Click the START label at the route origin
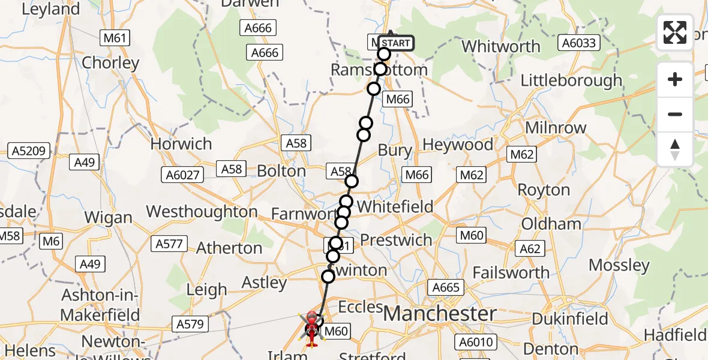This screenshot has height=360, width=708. [x=395, y=43]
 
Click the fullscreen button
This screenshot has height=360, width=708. [x=675, y=32]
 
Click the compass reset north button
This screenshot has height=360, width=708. [x=675, y=149]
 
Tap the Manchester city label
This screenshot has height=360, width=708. [x=440, y=313]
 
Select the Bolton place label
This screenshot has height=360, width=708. [x=281, y=171]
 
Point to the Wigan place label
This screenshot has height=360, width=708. [x=109, y=218]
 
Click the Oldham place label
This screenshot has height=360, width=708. [x=551, y=224]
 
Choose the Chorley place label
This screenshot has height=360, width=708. [x=110, y=62]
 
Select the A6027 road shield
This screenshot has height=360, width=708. [x=182, y=175]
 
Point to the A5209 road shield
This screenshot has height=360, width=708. [x=28, y=151]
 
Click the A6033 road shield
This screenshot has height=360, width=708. [x=578, y=42]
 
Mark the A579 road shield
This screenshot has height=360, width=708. [x=190, y=325]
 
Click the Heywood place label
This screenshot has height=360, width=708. [x=458, y=145]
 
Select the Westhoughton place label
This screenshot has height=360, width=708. [x=202, y=212]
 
